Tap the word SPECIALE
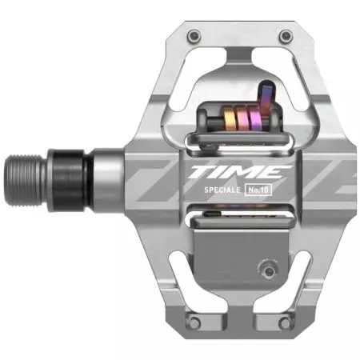click(x=222, y=190)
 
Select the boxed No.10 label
click(x=258, y=190)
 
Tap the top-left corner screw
click(x=194, y=36)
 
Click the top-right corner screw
click(x=286, y=36)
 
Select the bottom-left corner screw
click(x=194, y=323)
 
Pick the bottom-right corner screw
click(x=285, y=323)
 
